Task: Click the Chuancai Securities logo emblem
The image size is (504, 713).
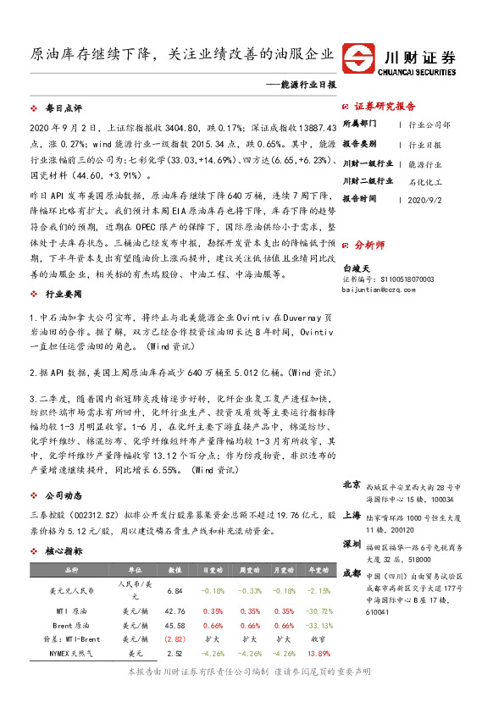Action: click(x=360, y=59)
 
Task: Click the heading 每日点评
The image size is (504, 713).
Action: click(x=64, y=109)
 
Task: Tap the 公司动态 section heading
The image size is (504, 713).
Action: click(x=64, y=495)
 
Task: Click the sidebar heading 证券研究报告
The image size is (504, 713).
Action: click(x=385, y=107)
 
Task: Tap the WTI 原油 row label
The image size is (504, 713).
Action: click(x=71, y=611)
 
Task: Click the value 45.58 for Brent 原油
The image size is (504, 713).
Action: click(x=175, y=625)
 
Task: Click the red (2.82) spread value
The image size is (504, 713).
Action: click(x=175, y=639)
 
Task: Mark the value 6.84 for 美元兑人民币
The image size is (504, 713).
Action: click(x=175, y=590)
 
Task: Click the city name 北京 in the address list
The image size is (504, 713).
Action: click(x=352, y=485)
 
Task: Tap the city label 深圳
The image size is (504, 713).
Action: click(x=352, y=543)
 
